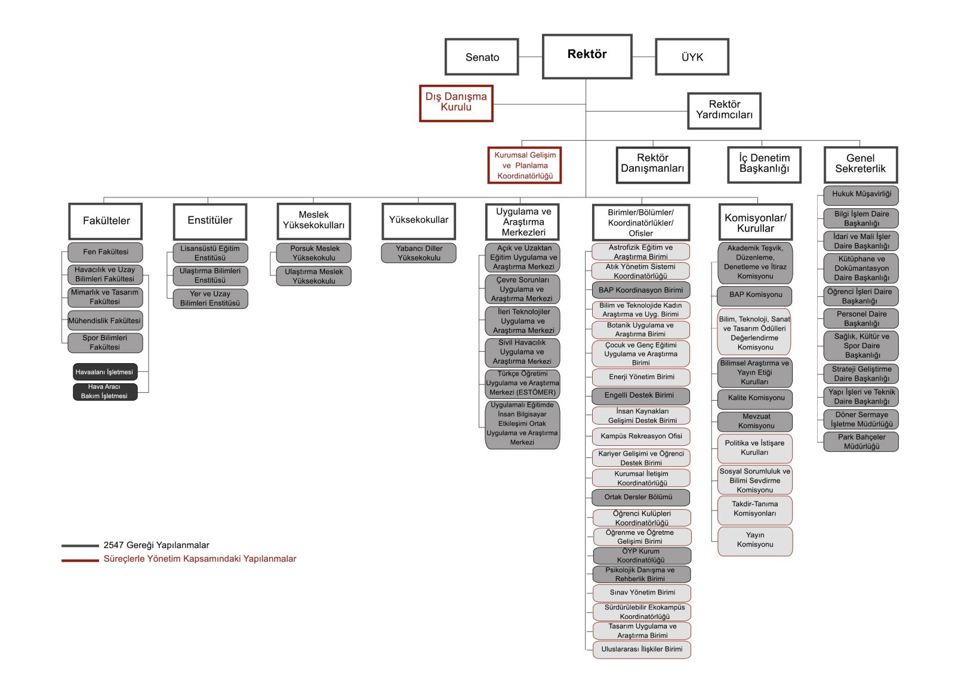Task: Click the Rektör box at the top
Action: click(587, 57)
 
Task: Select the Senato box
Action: click(482, 57)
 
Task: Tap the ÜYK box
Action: click(692, 57)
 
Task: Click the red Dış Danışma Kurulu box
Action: click(456, 104)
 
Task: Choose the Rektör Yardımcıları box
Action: click(725, 111)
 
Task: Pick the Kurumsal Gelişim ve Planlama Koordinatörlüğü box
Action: click(525, 165)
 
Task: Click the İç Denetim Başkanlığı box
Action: click(765, 165)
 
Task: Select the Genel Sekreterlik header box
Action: click(861, 165)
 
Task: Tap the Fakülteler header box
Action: click(105, 221)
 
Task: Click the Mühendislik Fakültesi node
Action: click(105, 321)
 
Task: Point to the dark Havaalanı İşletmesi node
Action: click(105, 371)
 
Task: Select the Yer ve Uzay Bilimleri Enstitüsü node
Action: click(210, 299)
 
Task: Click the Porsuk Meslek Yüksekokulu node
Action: click(314, 253)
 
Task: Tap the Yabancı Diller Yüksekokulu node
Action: click(418, 253)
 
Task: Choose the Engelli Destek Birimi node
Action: click(640, 396)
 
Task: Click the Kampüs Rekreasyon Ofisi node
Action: click(641, 436)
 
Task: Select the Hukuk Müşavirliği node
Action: click(861, 195)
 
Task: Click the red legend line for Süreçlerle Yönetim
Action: click(80, 560)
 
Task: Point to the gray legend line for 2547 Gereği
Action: click(80, 546)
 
